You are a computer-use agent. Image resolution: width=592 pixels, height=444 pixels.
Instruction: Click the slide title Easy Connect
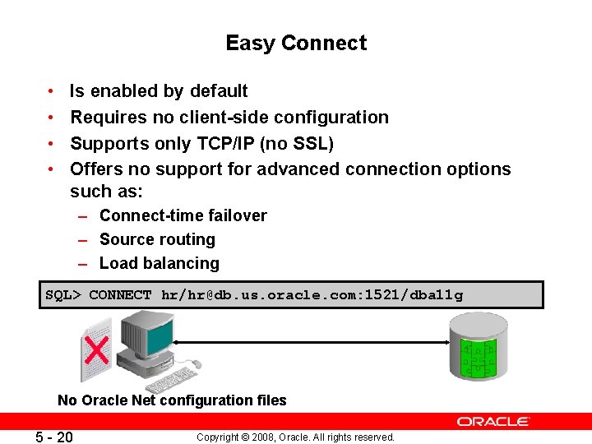coord(296,43)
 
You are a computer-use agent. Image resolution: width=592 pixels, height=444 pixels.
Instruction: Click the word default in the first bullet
coord(219,90)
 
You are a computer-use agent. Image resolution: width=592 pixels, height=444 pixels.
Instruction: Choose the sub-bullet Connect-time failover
coord(183,215)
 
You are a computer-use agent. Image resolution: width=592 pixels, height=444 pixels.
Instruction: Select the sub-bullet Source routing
coord(157,239)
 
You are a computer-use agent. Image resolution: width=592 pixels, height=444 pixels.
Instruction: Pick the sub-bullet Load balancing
coord(160,263)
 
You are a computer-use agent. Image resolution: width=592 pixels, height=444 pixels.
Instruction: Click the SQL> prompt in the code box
coord(63,295)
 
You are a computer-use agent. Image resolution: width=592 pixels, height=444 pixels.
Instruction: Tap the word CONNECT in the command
coord(120,295)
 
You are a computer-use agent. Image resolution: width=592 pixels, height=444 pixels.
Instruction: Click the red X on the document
coord(97,351)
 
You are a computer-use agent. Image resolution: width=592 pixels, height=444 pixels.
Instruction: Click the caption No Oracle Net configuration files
coord(172,400)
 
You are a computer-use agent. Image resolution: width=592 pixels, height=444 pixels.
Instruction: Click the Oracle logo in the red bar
coord(493,422)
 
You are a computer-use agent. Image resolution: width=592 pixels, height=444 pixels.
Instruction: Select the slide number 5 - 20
coord(53,437)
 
